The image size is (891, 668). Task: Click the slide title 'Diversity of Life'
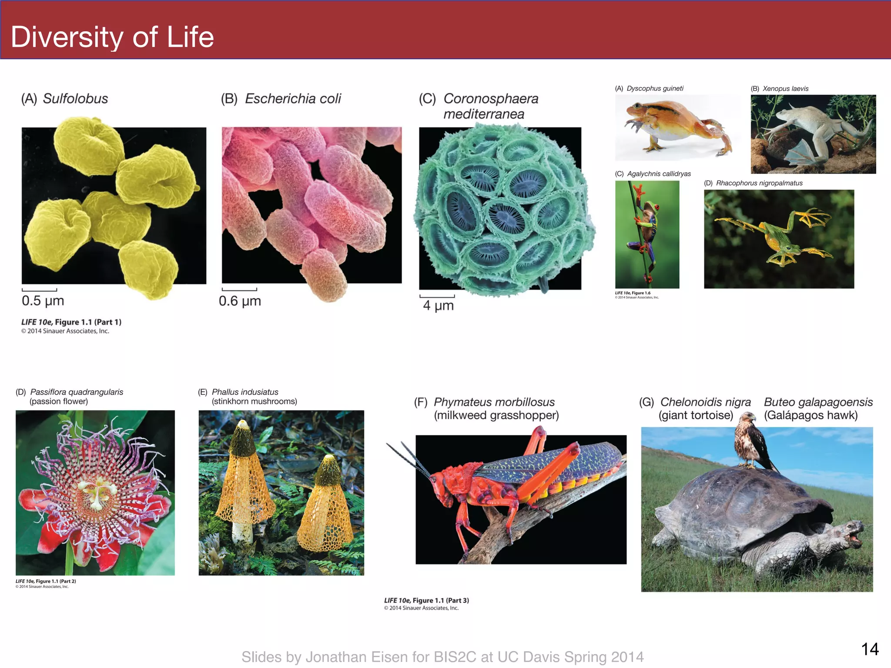112,37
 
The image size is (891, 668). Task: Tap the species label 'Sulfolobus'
75,99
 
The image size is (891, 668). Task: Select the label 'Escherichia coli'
293,99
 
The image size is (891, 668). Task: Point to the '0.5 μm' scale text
43,301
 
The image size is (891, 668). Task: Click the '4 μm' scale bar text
438,305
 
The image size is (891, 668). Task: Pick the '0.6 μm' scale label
240,301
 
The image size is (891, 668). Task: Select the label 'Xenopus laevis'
785,89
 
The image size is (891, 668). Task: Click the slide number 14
870,649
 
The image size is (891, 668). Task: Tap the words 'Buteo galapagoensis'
818,402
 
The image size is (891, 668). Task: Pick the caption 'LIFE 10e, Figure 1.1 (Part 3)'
426,600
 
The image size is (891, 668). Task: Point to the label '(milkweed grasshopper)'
496,415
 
